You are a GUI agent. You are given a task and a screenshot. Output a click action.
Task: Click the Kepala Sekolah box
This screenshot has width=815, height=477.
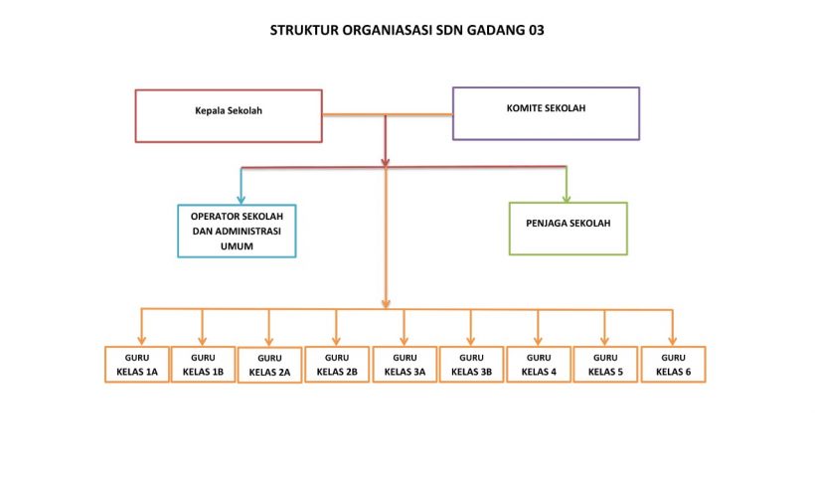click(x=229, y=115)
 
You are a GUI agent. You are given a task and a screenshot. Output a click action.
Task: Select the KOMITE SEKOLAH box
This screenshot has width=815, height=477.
click(x=546, y=112)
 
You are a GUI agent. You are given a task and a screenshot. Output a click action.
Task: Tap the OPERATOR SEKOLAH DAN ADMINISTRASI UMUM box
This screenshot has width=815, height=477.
click(x=237, y=232)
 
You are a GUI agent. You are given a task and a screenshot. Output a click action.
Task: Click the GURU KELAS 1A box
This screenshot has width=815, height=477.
click(x=136, y=365)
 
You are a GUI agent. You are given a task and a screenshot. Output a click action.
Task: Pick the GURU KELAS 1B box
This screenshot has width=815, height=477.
click(x=203, y=365)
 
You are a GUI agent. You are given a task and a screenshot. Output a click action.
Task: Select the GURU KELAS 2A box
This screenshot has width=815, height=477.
click(x=269, y=366)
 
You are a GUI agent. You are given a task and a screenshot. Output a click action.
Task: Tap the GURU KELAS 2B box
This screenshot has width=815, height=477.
click(x=336, y=365)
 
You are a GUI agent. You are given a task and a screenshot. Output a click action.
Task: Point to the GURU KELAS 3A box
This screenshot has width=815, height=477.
click(x=405, y=365)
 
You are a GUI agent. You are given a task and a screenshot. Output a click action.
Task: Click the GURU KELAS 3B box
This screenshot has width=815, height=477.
click(x=471, y=365)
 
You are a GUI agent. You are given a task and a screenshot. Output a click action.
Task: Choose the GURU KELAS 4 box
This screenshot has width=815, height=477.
click(x=539, y=365)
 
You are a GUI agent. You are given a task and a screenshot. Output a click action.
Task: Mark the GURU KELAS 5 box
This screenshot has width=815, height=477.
click(x=605, y=365)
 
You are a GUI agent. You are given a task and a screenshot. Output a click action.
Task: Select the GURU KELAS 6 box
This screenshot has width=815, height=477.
click(x=673, y=365)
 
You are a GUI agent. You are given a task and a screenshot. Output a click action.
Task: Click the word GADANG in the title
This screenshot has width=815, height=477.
click(x=486, y=30)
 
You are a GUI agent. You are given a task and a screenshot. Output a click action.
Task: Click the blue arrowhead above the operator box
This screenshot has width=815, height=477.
click(x=241, y=199)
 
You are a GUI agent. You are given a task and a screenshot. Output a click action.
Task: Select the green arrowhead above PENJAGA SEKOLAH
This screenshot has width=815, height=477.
click(x=567, y=196)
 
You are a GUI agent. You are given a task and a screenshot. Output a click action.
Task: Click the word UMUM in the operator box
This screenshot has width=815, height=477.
click(x=237, y=246)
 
